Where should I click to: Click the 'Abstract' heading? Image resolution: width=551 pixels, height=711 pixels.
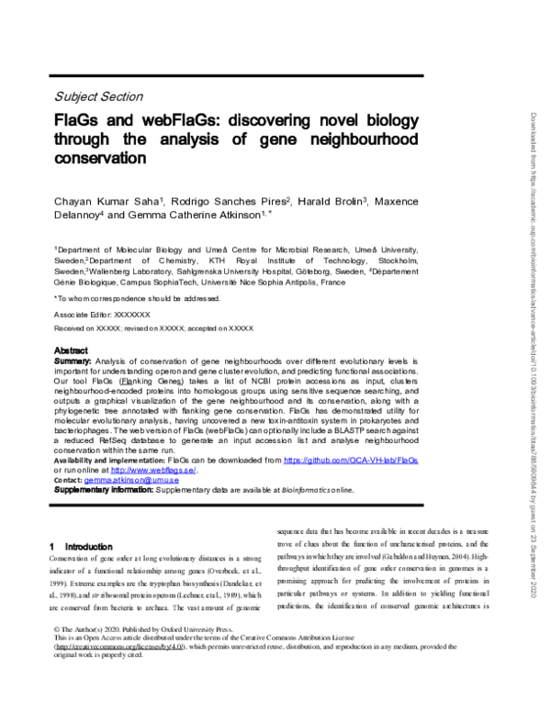pyautogui.click(x=71, y=350)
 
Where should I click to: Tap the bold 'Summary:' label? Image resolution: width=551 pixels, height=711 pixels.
pyautogui.click(x=73, y=361)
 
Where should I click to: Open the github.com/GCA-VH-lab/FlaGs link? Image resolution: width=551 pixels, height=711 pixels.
pyautogui.click(x=351, y=458)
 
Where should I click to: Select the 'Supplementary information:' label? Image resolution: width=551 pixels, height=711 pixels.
pyautogui.click(x=102, y=490)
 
